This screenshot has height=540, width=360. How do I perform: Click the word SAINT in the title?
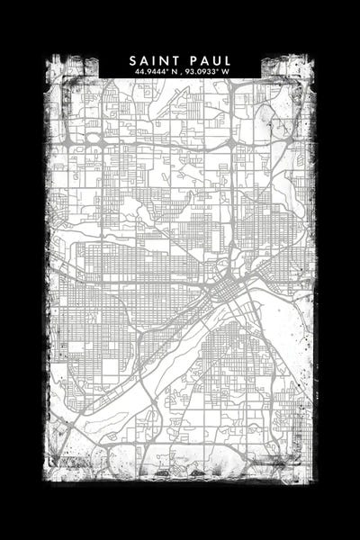click(153, 60)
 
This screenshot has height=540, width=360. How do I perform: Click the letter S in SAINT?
click(132, 60)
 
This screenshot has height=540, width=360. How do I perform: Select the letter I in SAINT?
click(155, 60)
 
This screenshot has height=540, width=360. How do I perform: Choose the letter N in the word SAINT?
click(165, 60)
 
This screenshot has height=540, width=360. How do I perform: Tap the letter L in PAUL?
click(226, 60)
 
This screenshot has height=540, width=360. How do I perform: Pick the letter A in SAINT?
click(144, 60)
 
